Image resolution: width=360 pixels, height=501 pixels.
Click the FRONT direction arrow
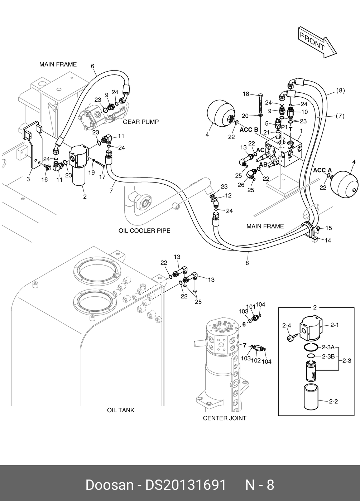click(317, 43)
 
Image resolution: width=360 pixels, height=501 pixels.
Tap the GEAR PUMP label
click(141, 122)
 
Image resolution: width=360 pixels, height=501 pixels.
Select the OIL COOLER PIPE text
click(144, 230)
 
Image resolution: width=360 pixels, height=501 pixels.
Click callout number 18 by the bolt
click(246, 94)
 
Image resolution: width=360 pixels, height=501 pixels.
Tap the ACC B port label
click(249, 130)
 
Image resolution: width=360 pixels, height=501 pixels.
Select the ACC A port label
click(322, 170)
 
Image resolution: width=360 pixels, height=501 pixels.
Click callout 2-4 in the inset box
click(287, 326)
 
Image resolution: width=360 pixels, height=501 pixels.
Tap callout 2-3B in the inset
click(328, 356)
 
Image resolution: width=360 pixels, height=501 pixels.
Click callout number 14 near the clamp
click(328, 240)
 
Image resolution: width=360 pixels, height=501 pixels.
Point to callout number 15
click(329, 228)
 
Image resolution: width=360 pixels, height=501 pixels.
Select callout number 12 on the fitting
click(228, 195)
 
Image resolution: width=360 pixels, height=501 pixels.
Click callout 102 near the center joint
click(256, 360)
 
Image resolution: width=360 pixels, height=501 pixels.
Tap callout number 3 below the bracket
click(28, 179)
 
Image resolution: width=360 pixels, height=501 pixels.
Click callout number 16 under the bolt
click(44, 179)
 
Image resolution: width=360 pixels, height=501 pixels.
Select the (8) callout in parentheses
click(341, 91)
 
